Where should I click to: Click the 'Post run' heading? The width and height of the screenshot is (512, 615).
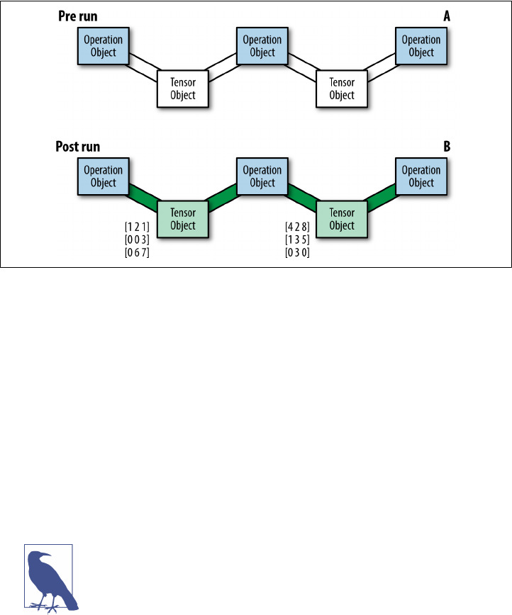[78, 147]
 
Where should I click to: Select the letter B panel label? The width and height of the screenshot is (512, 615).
[446, 147]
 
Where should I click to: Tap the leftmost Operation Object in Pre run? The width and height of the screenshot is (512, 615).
[104, 46]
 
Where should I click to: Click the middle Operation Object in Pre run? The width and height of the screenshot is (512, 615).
[262, 46]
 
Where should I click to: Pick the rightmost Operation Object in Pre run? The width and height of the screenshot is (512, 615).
[421, 46]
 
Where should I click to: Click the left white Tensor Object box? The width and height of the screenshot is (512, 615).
[183, 89]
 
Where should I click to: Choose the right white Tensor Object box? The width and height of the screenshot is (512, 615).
[342, 89]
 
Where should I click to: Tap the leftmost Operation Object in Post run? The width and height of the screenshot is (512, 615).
[104, 176]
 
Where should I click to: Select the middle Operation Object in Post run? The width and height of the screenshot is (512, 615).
[262, 176]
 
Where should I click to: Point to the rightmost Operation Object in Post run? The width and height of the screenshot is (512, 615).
[421, 176]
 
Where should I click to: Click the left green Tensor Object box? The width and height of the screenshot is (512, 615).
[183, 219]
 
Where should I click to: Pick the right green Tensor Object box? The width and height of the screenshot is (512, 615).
[342, 219]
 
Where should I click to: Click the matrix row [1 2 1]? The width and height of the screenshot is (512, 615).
[136, 227]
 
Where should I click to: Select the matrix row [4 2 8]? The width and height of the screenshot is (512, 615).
[296, 227]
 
